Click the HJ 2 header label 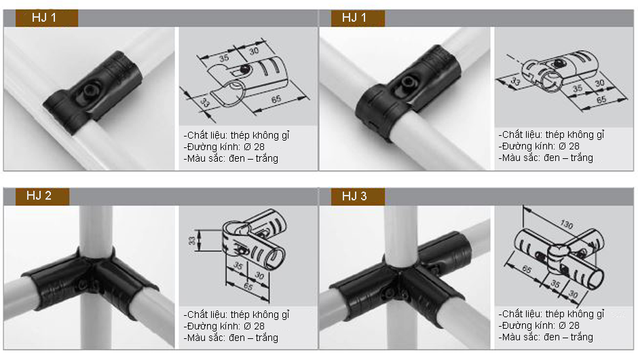click(x=39, y=196)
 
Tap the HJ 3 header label click(x=354, y=196)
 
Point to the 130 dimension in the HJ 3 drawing click(x=566, y=224)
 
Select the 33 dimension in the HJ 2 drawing click(x=192, y=240)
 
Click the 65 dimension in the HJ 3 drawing click(x=527, y=269)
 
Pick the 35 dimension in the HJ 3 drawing click(x=555, y=283)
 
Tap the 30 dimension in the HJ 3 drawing click(x=573, y=293)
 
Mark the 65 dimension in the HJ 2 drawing click(x=248, y=286)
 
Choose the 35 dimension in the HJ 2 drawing click(x=238, y=266)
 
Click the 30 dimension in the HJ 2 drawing click(x=259, y=276)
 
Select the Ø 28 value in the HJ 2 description click(x=254, y=326)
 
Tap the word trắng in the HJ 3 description click(x=582, y=337)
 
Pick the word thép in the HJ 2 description click(x=240, y=314)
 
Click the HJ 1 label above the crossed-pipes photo click(x=354, y=18)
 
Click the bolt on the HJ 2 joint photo click(x=83, y=284)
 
